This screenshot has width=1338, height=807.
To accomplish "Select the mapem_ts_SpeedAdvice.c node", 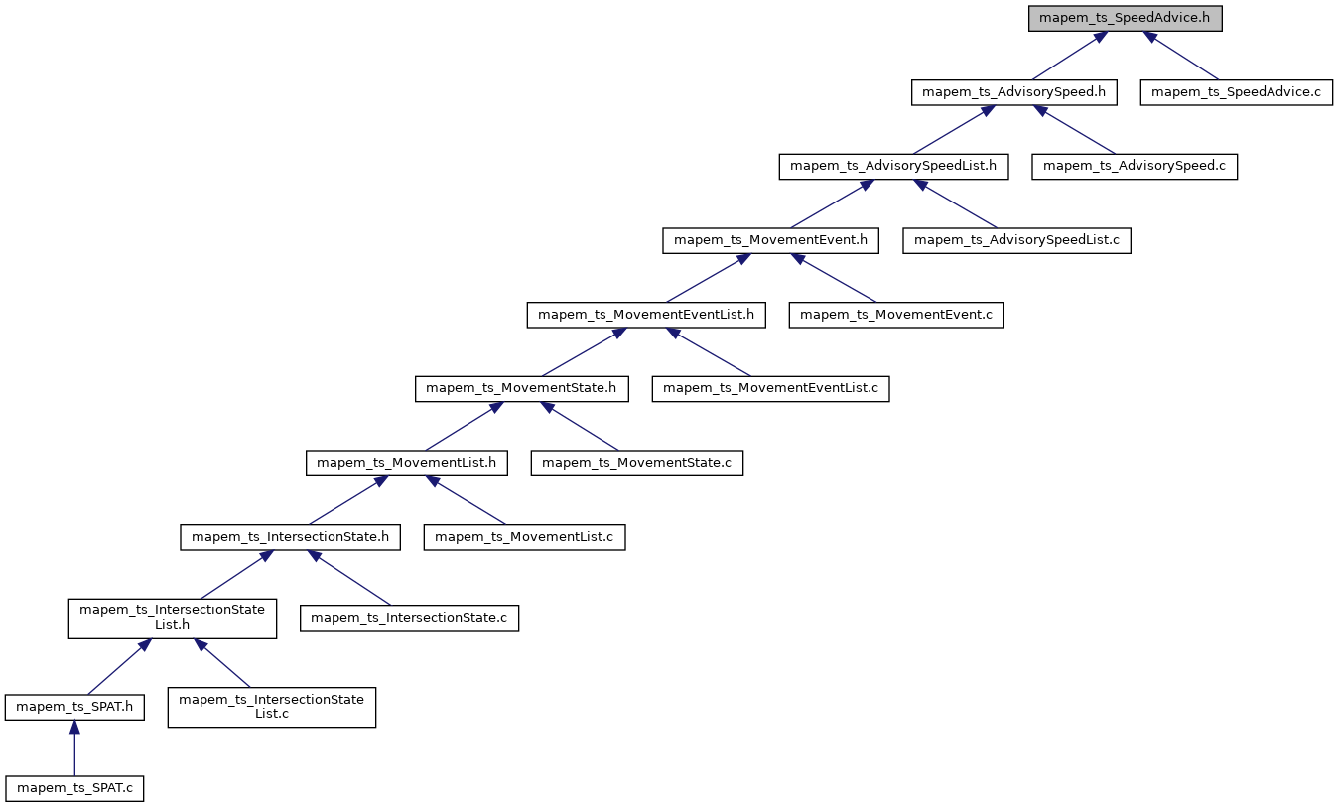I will pyautogui.click(x=1236, y=92).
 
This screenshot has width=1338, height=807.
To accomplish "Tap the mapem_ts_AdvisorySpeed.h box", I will pyautogui.click(x=1014, y=92).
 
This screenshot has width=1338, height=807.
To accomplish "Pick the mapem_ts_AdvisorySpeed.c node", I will pyautogui.click(x=1135, y=166).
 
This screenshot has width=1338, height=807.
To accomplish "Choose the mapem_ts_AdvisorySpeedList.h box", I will pyautogui.click(x=893, y=166).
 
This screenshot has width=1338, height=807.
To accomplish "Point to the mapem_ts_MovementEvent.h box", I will pyautogui.click(x=770, y=240).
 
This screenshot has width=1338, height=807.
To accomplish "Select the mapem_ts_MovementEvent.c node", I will pyautogui.click(x=896, y=315).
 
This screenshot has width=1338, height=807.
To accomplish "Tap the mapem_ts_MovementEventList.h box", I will pyautogui.click(x=646, y=315).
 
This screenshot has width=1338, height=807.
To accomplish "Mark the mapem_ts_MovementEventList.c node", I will pyautogui.click(x=770, y=388).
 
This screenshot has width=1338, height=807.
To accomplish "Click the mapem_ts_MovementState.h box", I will pyautogui.click(x=522, y=388).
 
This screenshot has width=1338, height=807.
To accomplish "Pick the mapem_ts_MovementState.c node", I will pyautogui.click(x=636, y=463).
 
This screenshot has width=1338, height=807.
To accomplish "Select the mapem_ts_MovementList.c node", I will pyautogui.click(x=524, y=537).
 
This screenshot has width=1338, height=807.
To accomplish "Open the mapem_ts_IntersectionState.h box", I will pyautogui.click(x=290, y=537).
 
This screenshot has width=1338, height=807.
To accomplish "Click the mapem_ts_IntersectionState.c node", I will pyautogui.click(x=410, y=618).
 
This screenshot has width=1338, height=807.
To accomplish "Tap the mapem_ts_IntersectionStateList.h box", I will pyautogui.click(x=172, y=617).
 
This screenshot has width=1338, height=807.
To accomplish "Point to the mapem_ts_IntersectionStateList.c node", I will pyautogui.click(x=271, y=707).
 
